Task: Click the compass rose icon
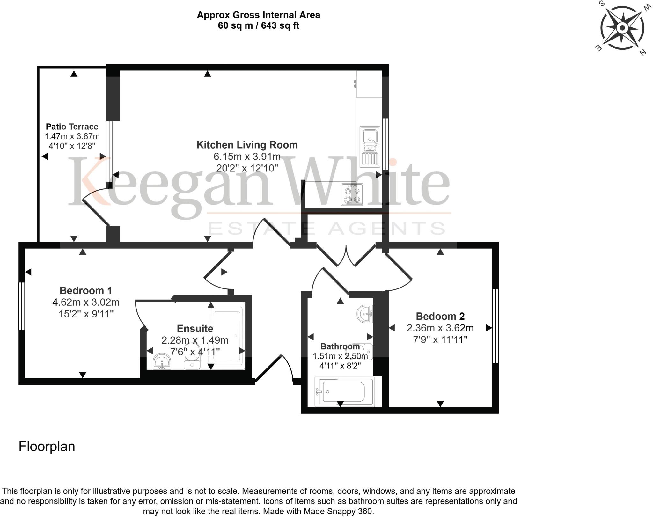pyautogui.click(x=622, y=28)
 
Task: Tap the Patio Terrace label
pyautogui.click(x=72, y=127)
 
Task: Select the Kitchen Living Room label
pyautogui.click(x=247, y=145)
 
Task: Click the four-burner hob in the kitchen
pyautogui.click(x=352, y=194)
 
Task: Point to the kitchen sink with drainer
pyautogui.click(x=370, y=147)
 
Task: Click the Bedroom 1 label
pyautogui.click(x=86, y=290)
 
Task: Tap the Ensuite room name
pyautogui.click(x=195, y=328)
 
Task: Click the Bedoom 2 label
pyautogui.click(x=440, y=316)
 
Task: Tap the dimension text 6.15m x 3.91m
pyautogui.click(x=247, y=157)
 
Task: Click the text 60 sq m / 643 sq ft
pyautogui.click(x=258, y=25)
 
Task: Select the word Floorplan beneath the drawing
pyautogui.click(x=47, y=447)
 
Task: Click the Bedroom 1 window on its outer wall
pyautogui.click(x=22, y=306)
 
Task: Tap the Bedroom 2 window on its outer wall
pyautogui.click(x=495, y=326)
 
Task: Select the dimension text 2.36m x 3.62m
pyautogui.click(x=440, y=328)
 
